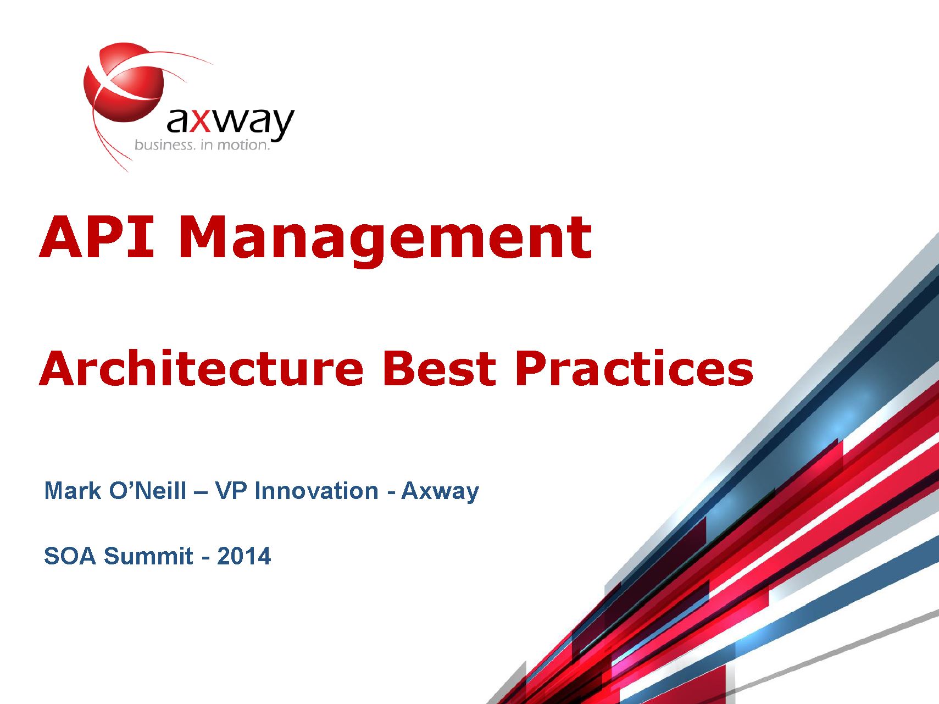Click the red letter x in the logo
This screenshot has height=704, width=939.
(201, 121)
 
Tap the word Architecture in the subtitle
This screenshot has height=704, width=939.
(202, 368)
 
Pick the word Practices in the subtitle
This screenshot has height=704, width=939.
(634, 368)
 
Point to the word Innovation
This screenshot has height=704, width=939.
(317, 491)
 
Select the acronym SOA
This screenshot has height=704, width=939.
(70, 556)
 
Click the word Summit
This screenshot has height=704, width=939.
(148, 556)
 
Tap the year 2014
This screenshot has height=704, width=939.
(244, 556)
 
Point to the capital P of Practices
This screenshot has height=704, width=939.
(531, 368)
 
